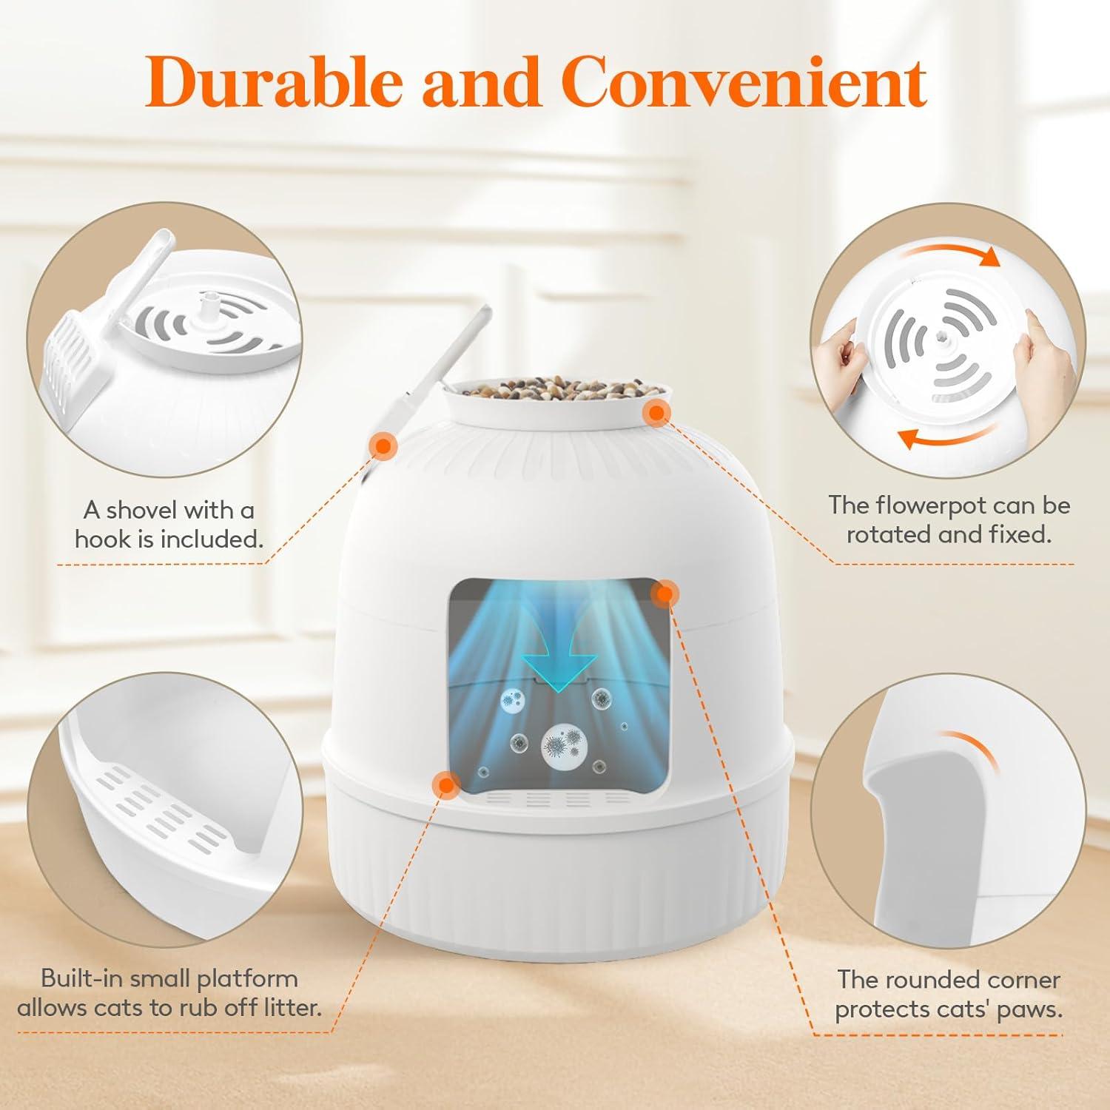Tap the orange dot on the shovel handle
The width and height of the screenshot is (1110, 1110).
click(x=383, y=445)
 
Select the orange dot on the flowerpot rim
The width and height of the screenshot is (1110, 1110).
click(x=656, y=414)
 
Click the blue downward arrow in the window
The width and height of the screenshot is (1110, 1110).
click(x=559, y=655)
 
